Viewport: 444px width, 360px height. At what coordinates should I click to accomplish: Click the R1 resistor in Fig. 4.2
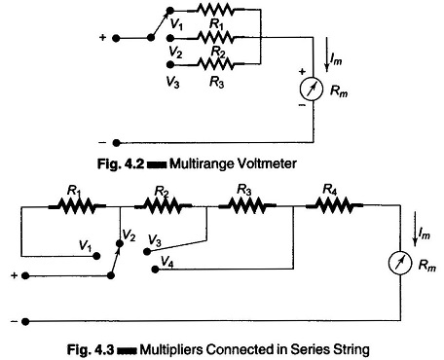pos(215,10)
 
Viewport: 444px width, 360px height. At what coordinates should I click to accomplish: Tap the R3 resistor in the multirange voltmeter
pos(215,63)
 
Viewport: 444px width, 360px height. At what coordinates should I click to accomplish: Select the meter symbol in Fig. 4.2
pos(312,90)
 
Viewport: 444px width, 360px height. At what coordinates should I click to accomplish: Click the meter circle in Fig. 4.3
pos(400,263)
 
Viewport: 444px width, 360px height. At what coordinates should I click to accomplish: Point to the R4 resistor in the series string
pos(334,205)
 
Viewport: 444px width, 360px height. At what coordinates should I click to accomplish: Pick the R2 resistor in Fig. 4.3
pos(163,205)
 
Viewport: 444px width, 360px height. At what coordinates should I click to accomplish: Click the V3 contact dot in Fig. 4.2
pos(170,64)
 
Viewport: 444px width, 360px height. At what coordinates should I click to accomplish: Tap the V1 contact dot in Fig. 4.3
pos(96,256)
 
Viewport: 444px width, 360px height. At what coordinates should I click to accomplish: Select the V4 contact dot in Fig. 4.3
pos(156,270)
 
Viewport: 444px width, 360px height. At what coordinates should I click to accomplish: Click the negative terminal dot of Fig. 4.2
pos(116,143)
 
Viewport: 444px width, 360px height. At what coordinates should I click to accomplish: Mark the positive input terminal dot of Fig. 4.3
pos(25,276)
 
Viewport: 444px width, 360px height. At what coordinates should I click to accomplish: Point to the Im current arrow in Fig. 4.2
pos(327,54)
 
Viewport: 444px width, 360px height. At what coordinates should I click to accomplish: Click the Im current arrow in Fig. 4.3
pos(415,229)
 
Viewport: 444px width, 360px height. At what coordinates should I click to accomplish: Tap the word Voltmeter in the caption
pos(266,163)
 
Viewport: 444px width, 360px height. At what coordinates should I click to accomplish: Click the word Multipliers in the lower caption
pos(171,349)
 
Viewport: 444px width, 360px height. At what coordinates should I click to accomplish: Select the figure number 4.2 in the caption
pos(134,163)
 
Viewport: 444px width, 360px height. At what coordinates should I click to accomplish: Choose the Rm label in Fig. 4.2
pos(339,91)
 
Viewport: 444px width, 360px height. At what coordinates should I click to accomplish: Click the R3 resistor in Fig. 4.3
pos(247,205)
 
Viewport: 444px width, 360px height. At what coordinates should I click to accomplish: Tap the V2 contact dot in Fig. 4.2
pos(170,38)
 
